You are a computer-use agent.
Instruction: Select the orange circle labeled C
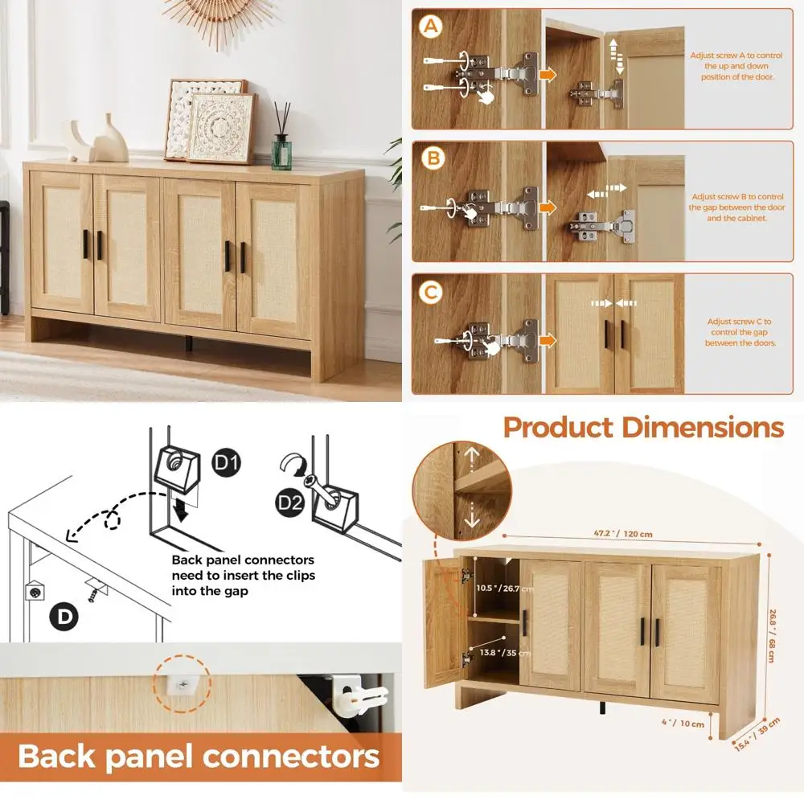point(433,292)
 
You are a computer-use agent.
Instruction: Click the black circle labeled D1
point(223,464)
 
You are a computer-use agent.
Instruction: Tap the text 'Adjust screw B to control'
point(736,197)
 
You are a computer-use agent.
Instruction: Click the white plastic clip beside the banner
point(359,695)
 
